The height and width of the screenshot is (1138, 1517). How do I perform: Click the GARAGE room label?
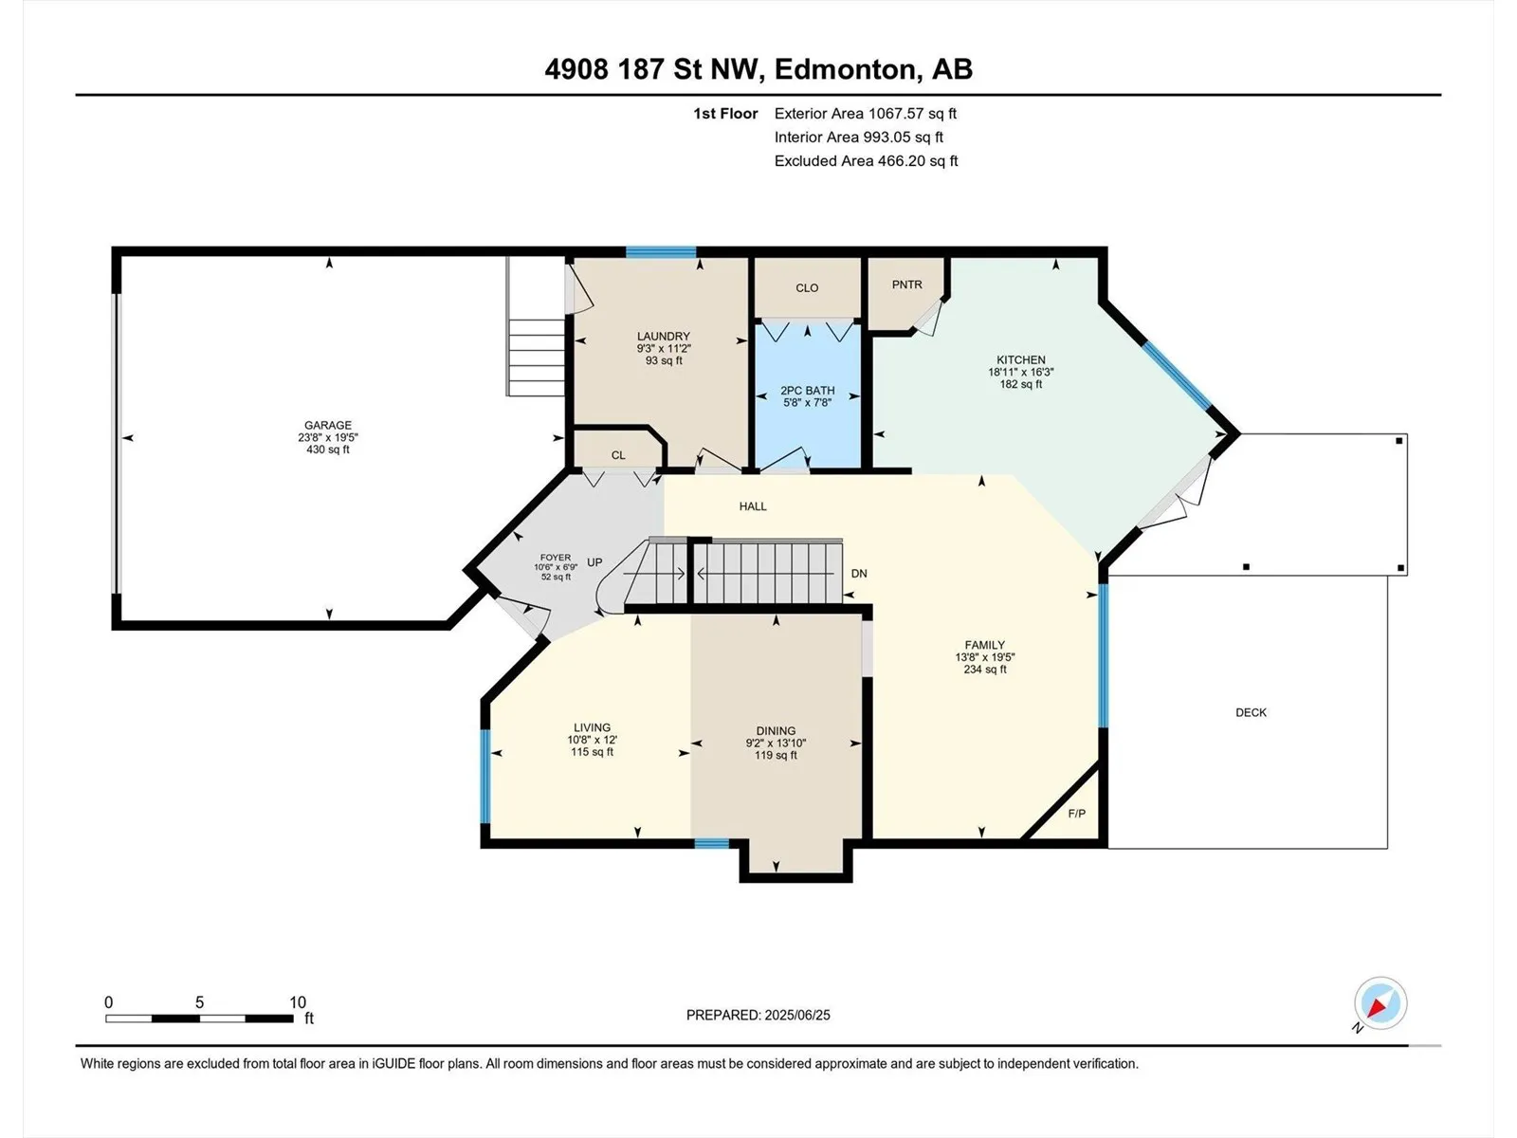328,426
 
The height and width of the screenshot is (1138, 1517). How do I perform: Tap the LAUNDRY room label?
664,337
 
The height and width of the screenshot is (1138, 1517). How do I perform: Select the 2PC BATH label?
807,391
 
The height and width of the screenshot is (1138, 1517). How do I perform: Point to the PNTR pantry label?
906,284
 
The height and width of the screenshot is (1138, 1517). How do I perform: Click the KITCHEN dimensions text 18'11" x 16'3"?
1021,372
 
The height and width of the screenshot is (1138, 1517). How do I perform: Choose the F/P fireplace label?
1077,814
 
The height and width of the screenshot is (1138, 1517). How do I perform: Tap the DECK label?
1251,712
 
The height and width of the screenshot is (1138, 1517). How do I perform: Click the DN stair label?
859,574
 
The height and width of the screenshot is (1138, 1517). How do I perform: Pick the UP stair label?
594,562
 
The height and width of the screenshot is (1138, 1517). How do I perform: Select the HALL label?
753,506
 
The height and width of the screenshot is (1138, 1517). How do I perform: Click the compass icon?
1380,1003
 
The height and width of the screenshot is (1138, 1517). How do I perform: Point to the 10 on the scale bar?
297,1002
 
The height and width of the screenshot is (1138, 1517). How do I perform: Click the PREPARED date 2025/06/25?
796,1015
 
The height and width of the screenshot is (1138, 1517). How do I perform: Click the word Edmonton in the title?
848,69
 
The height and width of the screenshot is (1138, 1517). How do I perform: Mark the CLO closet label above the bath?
807,288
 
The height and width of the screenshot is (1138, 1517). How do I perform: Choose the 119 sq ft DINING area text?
776,755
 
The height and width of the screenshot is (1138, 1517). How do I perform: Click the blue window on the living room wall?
485,776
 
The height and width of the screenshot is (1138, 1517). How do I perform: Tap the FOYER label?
556,558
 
